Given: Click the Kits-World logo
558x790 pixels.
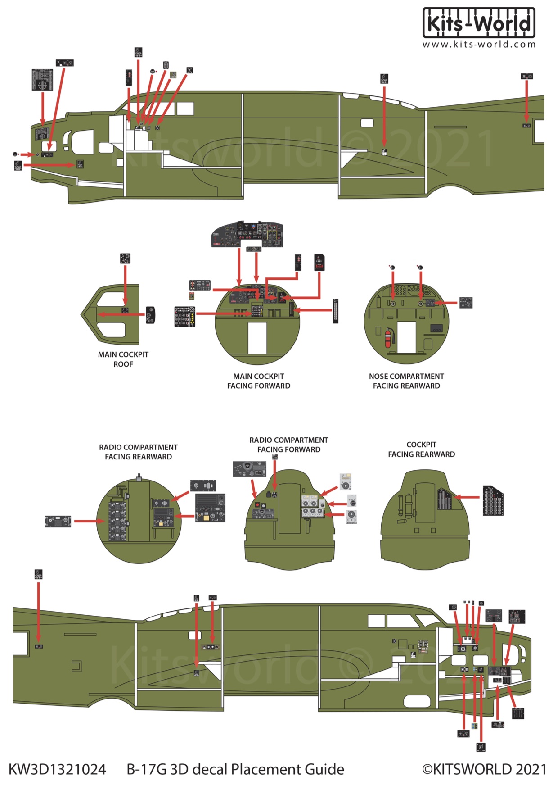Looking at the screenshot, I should (x=479, y=23).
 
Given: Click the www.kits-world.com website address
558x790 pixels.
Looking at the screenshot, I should (x=479, y=45).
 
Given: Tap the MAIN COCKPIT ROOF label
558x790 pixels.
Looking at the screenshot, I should (x=123, y=359).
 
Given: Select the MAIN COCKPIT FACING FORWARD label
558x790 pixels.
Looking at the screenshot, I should (x=258, y=381).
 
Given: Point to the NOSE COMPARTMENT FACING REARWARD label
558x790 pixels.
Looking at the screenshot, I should (x=406, y=381).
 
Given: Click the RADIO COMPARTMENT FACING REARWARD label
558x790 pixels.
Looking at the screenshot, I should (x=138, y=452).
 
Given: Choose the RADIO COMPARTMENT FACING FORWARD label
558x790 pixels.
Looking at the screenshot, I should (x=288, y=445).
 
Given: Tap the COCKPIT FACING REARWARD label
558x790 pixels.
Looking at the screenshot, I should (x=421, y=449).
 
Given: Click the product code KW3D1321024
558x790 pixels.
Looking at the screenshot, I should (x=58, y=769).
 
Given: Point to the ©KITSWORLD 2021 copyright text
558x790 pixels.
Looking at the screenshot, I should (x=484, y=769).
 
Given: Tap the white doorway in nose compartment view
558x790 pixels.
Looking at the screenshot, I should (x=406, y=337).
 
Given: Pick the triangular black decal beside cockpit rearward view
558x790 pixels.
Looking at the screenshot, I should (x=493, y=500).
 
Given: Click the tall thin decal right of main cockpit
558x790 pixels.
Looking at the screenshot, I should (x=335, y=311).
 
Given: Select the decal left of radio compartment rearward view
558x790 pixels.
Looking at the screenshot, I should (x=58, y=522).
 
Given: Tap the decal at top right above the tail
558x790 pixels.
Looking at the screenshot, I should (x=526, y=77).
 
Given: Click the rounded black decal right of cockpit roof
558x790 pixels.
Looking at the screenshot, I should (x=151, y=315).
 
